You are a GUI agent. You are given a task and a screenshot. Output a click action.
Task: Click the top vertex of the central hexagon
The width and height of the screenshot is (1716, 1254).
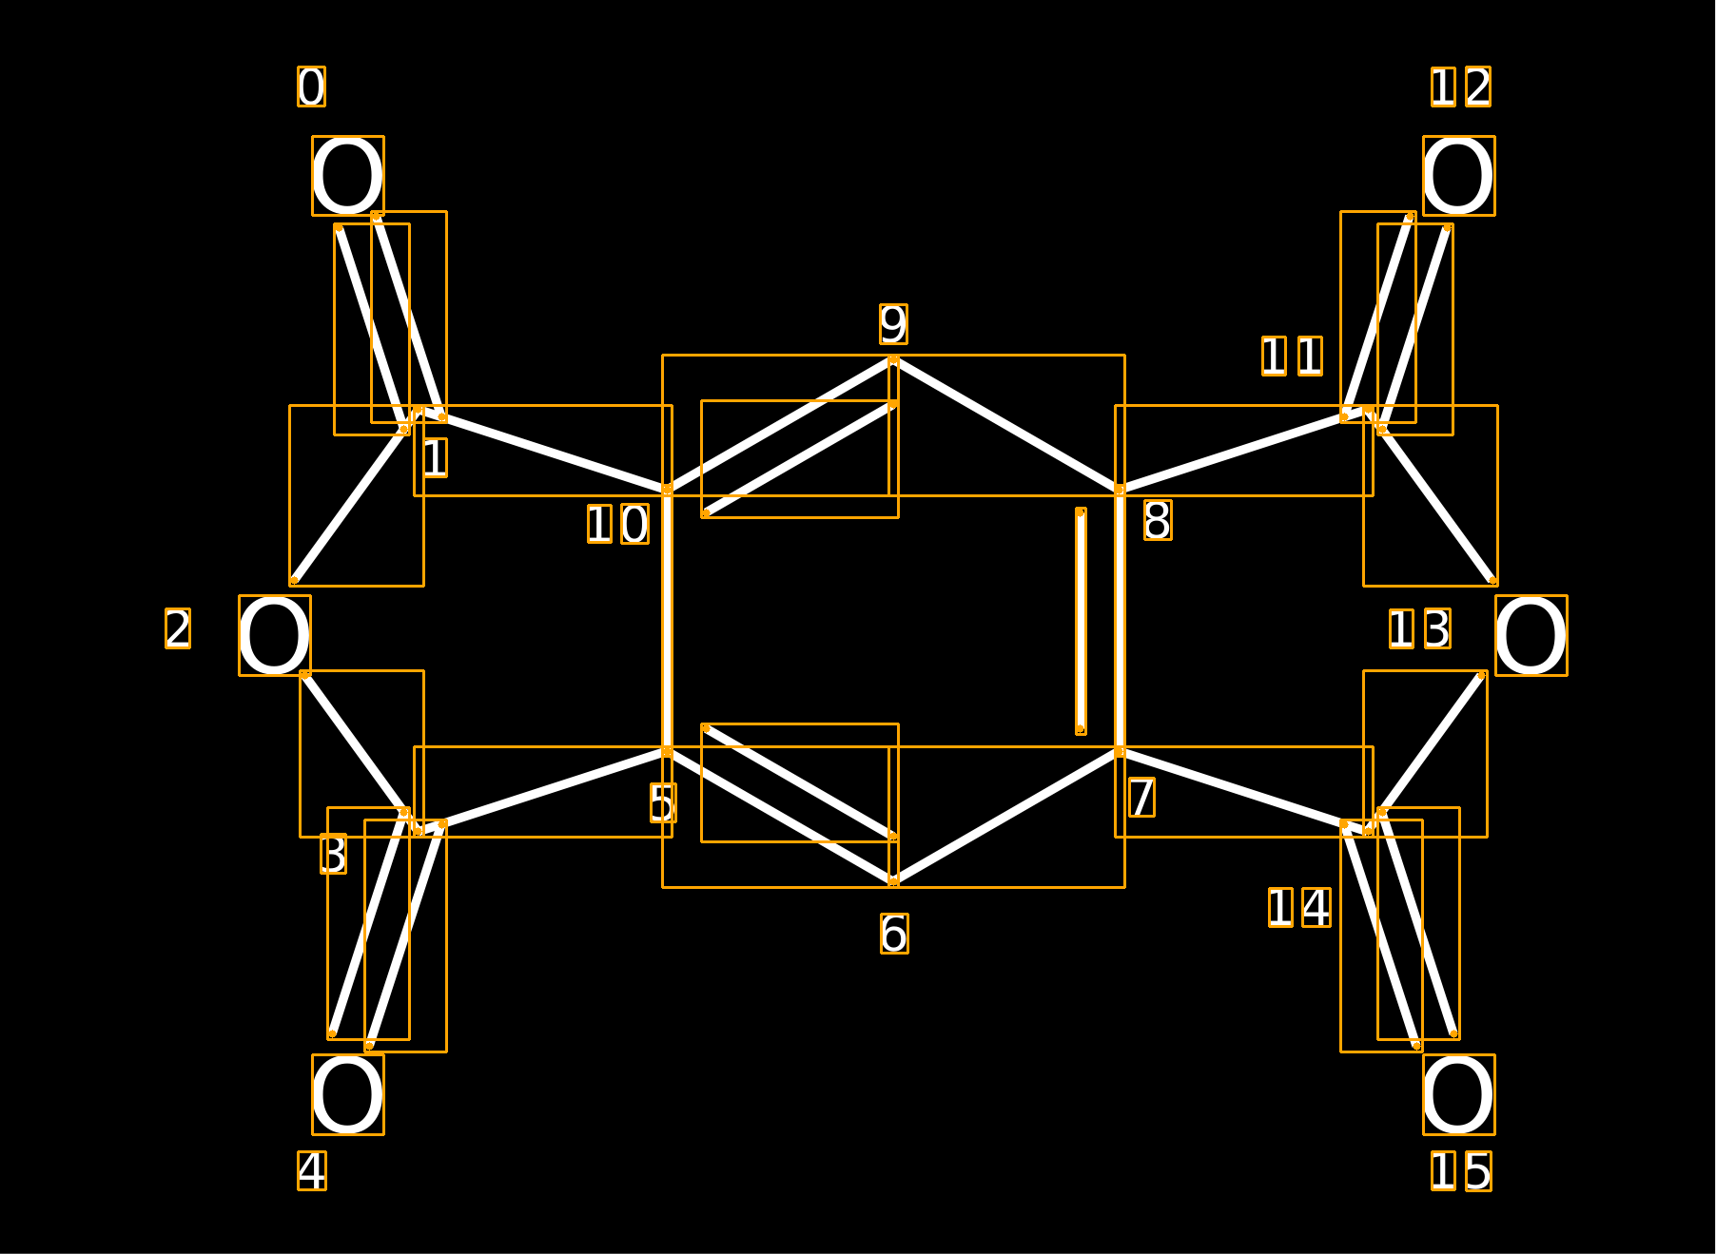pos(893,360)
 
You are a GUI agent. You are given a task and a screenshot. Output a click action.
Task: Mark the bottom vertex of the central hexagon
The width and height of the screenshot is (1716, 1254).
pos(893,882)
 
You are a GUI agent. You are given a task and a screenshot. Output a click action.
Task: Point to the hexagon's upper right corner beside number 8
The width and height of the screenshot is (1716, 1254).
pos(1120,491)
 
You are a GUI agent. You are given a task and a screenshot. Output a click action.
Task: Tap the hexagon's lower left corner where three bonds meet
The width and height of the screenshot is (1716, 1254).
pos(667,752)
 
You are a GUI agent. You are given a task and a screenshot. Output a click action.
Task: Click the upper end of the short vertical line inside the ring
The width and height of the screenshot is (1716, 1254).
pos(1081,512)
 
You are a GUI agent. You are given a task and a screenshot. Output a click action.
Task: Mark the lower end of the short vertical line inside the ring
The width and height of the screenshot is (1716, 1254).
pos(1081,729)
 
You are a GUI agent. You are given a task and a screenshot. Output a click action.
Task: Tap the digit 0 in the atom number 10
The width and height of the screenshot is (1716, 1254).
pos(634,524)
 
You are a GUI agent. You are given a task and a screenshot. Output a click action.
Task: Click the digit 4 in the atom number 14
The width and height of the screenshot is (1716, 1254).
pos(1316,907)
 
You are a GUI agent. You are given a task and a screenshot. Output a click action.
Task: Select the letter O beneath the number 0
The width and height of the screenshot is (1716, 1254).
pos(348,176)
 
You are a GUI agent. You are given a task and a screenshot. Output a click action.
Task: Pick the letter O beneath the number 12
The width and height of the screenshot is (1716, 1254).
pos(1459,176)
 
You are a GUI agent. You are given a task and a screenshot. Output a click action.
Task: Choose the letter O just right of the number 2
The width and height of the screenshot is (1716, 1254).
pos(275,635)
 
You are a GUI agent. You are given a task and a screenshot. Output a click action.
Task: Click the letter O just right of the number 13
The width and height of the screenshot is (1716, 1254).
pos(1531,635)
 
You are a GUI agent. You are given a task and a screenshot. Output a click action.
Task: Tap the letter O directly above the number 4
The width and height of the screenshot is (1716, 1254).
pos(348,1094)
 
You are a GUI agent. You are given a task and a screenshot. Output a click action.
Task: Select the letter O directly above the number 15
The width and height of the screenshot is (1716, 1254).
pos(1459,1094)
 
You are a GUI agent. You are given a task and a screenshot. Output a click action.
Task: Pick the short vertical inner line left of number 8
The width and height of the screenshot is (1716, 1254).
pos(1081,621)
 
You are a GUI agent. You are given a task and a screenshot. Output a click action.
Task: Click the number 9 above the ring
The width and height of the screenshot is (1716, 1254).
pos(893,324)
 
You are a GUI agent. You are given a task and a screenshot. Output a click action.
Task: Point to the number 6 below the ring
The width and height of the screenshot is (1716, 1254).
pos(894,934)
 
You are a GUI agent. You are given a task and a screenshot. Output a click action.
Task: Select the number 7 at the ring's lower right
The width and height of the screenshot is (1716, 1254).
pos(1141,797)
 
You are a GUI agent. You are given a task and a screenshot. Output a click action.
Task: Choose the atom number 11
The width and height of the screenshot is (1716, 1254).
pos(1292,356)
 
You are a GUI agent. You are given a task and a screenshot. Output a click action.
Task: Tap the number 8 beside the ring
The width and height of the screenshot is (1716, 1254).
pos(1158,520)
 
